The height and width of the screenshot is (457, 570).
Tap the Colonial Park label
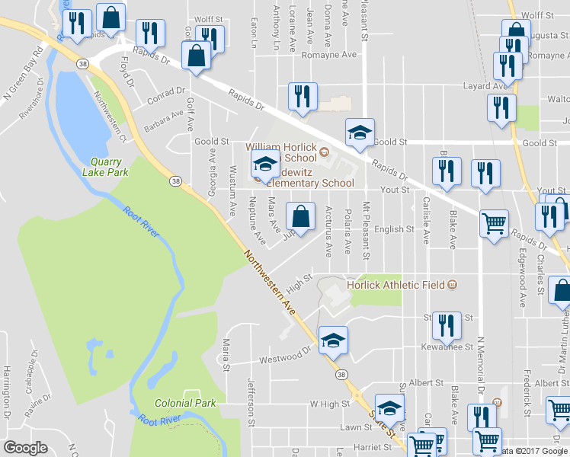tap(186, 403)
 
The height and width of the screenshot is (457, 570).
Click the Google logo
tap(25, 448)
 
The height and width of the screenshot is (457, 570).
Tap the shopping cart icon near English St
tap(494, 225)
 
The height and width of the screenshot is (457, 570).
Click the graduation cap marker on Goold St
tap(360, 133)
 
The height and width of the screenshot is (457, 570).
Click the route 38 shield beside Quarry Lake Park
tap(176, 181)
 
